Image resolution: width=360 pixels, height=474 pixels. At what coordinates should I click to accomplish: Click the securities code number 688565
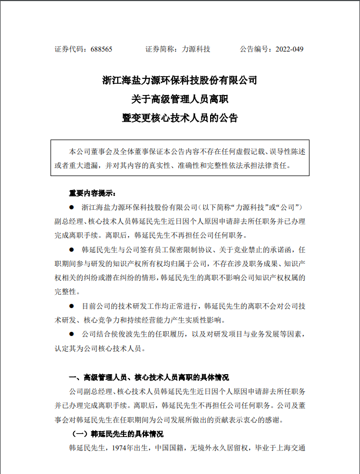click(100, 49)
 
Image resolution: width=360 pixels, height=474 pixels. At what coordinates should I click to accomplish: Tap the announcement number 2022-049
click(290, 49)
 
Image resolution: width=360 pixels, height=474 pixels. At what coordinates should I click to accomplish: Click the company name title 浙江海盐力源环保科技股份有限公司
click(180, 81)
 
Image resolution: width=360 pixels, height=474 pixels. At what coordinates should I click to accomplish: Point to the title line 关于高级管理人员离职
click(180, 99)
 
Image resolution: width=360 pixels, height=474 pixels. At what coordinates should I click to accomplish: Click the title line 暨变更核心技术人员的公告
click(180, 118)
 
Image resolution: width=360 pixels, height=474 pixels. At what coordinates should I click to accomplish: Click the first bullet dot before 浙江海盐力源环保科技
click(71, 207)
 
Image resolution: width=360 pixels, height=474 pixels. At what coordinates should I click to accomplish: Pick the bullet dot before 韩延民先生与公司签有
click(71, 250)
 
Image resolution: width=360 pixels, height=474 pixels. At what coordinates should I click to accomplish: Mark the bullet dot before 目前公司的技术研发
click(71, 306)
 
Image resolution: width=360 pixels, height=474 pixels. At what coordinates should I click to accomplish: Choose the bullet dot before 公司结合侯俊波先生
click(71, 334)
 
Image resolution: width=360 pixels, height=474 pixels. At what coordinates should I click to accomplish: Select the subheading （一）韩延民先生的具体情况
click(117, 433)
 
